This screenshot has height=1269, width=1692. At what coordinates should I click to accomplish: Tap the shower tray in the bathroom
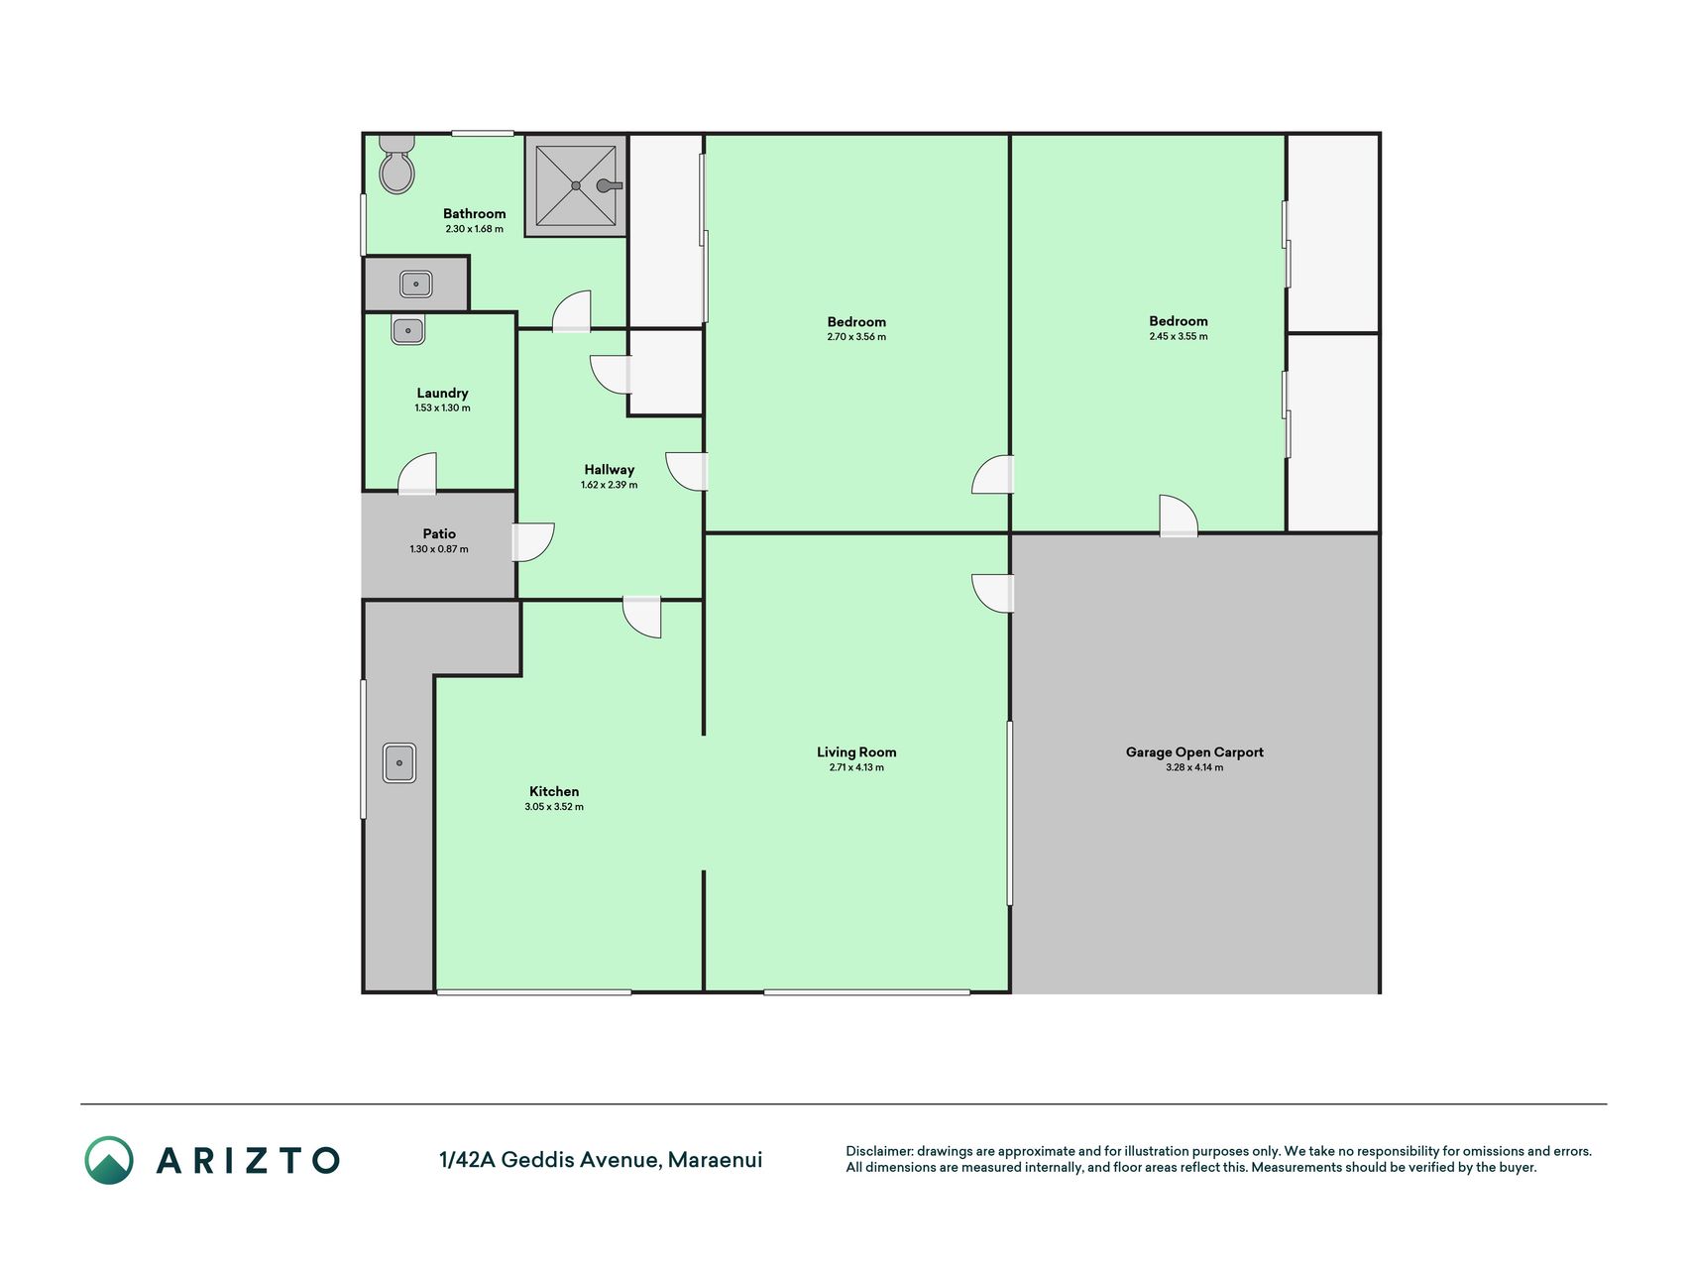click(x=576, y=185)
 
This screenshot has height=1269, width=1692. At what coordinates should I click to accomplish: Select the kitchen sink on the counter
click(x=399, y=762)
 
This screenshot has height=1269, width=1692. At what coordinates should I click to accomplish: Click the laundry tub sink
click(x=407, y=330)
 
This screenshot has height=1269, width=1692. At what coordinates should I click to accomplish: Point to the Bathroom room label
click(x=474, y=213)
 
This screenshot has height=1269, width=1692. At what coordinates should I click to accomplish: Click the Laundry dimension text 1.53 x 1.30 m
click(x=442, y=408)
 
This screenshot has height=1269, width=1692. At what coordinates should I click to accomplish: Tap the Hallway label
click(x=609, y=470)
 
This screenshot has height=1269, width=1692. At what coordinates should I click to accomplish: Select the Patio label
click(x=439, y=533)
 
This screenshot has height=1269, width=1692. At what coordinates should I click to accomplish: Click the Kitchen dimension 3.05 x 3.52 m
click(x=554, y=807)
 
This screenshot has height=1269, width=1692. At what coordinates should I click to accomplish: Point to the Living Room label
click(x=856, y=752)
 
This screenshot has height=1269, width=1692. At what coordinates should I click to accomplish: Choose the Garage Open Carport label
click(x=1194, y=752)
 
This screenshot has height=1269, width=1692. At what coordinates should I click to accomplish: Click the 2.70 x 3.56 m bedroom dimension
click(x=856, y=337)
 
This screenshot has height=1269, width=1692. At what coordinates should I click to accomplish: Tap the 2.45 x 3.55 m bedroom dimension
click(x=1179, y=336)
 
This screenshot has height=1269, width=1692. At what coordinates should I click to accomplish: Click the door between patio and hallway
click(x=533, y=542)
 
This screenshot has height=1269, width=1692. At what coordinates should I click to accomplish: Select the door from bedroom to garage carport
click(x=1179, y=516)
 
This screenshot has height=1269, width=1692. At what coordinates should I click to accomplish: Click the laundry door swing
click(x=417, y=473)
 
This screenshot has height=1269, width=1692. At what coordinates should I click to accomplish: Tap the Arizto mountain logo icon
click(x=109, y=1160)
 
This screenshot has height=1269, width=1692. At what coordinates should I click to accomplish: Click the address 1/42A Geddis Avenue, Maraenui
click(x=601, y=1160)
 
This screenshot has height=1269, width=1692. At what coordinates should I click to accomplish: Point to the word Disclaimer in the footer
click(x=878, y=1151)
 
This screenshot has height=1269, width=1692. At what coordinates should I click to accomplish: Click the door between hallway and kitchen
click(x=641, y=617)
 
